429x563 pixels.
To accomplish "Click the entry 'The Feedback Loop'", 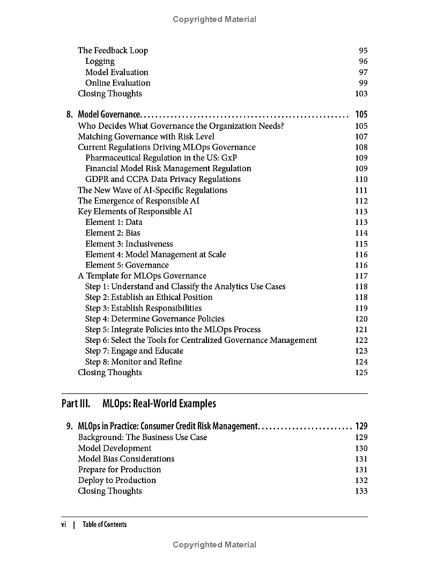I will tap(113, 50).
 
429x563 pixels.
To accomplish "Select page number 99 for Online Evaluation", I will tap(363, 83).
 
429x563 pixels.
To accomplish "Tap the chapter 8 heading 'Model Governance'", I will tap(109, 114).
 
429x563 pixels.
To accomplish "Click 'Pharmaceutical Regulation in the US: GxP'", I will tap(161, 158).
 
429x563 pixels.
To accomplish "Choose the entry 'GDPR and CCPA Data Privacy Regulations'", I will tap(163, 179).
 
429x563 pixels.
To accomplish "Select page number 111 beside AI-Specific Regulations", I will tap(361, 190).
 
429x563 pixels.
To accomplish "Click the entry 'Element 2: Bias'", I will tap(113, 233).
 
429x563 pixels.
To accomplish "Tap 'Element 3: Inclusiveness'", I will tap(129, 244).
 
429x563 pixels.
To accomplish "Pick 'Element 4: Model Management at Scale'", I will tap(156, 254).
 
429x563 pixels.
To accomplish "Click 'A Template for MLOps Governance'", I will tap(142, 276).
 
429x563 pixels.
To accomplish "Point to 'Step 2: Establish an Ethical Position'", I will tap(149, 297).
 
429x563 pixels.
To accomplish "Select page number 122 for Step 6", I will tap(361, 340).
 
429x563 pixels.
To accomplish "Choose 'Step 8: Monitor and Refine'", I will tap(134, 362).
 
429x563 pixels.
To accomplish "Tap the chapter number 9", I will tap(70, 426).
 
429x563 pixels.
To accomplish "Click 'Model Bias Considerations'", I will tap(126, 459).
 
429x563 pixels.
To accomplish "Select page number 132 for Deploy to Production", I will tap(361, 480).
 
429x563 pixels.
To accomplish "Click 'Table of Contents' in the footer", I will tap(105, 524).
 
